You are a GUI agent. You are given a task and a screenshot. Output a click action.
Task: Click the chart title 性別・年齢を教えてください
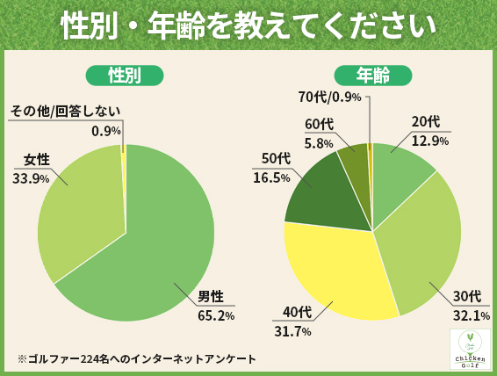tap(248, 25)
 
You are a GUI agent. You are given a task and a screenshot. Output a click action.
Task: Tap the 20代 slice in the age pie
tap(400, 176)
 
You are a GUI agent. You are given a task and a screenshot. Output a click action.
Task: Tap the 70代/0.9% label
tap(330, 97)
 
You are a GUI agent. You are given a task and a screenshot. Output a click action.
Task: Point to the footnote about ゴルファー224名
tap(136, 358)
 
